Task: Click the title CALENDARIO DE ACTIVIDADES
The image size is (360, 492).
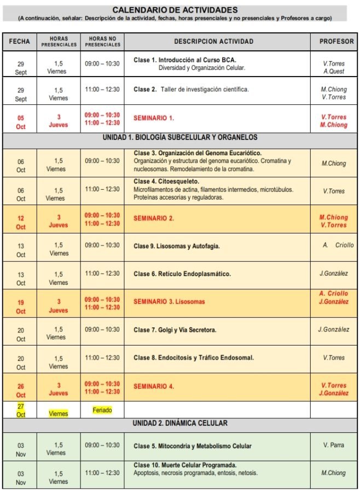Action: pyautogui.click(x=175, y=10)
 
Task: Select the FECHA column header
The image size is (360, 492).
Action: pyautogui.click(x=19, y=41)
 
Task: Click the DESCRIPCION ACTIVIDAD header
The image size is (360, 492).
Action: pyautogui.click(x=213, y=41)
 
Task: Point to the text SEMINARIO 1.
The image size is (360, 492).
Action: pyautogui.click(x=154, y=118)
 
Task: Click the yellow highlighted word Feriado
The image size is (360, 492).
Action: pyautogui.click(x=102, y=410)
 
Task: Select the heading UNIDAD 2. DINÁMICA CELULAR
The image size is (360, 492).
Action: pyautogui.click(x=180, y=423)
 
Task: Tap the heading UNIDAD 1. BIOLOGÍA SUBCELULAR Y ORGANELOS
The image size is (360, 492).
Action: pyautogui.click(x=180, y=137)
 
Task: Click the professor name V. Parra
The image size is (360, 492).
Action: pyautogui.click(x=333, y=445)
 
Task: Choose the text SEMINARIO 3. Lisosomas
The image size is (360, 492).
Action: pyautogui.click(x=169, y=301)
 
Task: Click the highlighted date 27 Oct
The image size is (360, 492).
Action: pyautogui.click(x=21, y=410)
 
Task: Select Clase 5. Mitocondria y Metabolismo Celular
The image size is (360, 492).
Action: pyautogui.click(x=193, y=446)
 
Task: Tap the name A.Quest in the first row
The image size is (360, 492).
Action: pyautogui.click(x=333, y=71)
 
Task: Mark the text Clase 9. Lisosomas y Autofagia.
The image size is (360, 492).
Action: pyautogui.click(x=176, y=246)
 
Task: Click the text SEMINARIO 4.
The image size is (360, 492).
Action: pyautogui.click(x=154, y=386)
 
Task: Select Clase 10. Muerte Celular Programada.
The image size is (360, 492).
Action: pyautogui.click(x=185, y=465)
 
